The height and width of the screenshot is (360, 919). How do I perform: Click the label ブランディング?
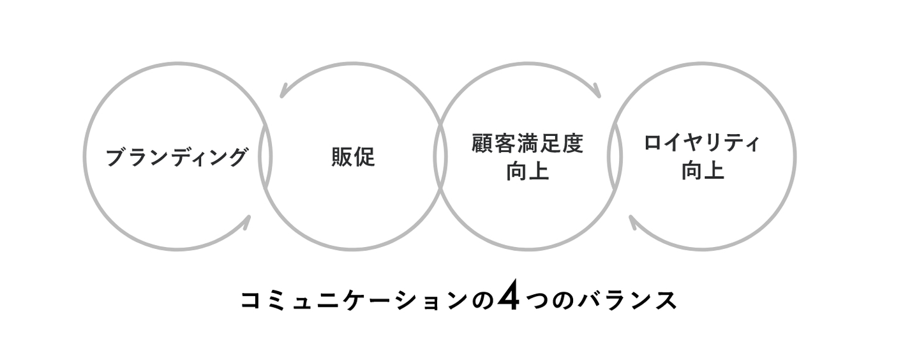point(177,157)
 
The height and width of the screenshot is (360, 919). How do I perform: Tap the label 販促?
point(354,157)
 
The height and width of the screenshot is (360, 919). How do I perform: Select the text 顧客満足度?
point(527,143)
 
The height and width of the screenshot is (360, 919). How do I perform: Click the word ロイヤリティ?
point(702,143)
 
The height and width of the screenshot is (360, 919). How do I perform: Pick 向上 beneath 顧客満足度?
point(528,171)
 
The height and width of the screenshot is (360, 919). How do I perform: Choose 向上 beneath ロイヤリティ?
point(703,171)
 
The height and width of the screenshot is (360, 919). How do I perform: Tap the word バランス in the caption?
point(627,300)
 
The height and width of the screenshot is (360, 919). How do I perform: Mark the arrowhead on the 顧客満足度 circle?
point(597,91)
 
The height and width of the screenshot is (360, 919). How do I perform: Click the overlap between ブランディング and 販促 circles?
point(265,156)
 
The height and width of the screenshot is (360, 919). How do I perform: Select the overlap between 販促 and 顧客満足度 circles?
point(440,156)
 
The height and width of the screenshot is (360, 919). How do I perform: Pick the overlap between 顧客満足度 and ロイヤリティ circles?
point(615,156)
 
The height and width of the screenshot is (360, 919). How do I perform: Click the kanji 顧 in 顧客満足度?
point(482,143)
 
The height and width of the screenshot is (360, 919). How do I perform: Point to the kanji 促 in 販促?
point(364,157)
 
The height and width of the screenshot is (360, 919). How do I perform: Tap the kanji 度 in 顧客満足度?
point(572,143)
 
